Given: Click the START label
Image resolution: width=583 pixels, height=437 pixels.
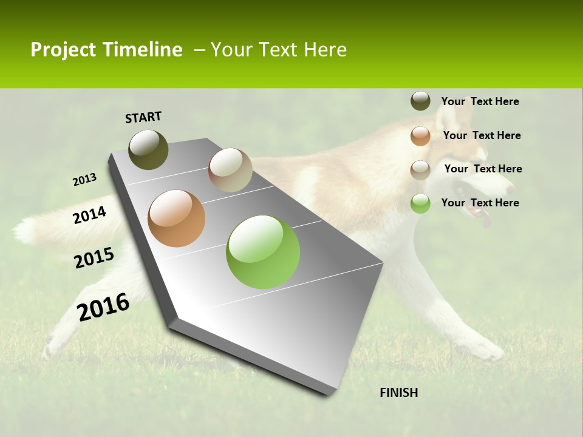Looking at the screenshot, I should click(x=143, y=117).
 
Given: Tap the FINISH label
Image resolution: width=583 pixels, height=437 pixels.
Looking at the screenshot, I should click(x=398, y=393).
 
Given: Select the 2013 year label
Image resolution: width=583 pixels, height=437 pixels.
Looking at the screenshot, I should click(x=84, y=180).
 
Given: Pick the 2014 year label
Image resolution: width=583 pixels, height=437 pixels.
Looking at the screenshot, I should click(x=90, y=215).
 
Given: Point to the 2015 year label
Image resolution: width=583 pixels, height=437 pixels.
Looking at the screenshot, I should click(x=94, y=258).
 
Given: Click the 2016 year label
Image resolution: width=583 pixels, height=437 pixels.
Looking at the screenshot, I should click(x=103, y=307).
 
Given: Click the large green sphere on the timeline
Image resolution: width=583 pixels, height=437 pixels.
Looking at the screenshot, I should click(x=263, y=252).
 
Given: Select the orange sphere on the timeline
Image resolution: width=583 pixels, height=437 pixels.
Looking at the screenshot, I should click(x=177, y=218).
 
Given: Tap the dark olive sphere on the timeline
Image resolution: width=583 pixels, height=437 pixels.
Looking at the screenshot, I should click(x=149, y=149).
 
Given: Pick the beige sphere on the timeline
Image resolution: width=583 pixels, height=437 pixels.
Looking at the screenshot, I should click(x=230, y=170).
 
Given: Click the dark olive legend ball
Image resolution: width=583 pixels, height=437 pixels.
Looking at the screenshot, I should click(x=420, y=101).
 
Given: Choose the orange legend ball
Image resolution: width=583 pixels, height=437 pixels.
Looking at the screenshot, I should click(x=420, y=136).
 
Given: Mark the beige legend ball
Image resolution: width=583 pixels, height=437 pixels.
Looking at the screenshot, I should click(x=420, y=170).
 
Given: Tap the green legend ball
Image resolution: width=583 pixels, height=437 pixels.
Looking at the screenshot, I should click(x=420, y=203).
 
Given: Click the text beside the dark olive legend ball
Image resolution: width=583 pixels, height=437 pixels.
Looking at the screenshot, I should click(x=480, y=101).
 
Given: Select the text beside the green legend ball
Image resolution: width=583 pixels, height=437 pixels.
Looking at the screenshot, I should click(x=480, y=203).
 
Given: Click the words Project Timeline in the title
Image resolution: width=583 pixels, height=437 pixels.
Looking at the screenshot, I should click(x=106, y=50).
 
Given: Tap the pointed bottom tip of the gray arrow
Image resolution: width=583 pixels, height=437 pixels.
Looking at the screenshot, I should click(x=328, y=393).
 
